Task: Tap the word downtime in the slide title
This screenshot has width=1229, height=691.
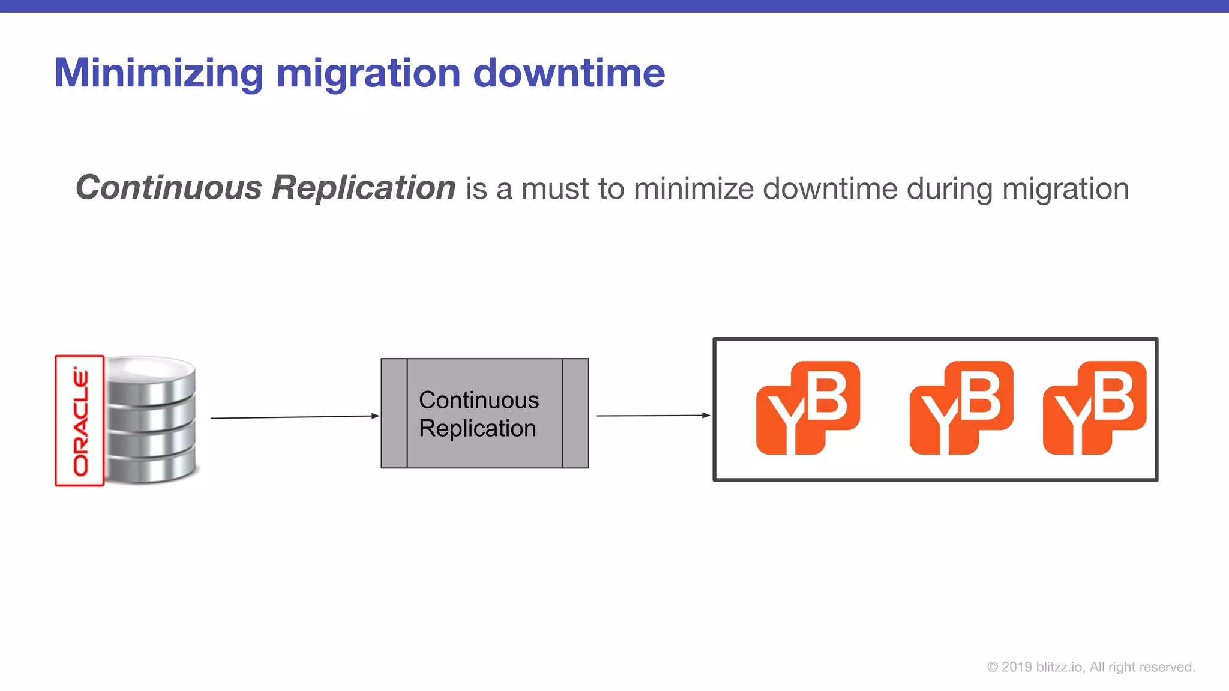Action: pos(569,73)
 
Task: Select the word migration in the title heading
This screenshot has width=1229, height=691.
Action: pos(368,73)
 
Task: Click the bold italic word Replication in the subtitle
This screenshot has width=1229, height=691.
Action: pos(364,187)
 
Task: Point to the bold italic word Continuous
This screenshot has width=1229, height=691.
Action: pos(169,187)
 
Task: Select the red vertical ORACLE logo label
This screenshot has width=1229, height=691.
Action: pos(80,420)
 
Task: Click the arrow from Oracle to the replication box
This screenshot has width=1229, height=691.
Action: pos(294,417)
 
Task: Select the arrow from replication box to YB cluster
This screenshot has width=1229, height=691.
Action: pos(653,415)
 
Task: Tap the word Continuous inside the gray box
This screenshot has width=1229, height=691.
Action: pos(479,400)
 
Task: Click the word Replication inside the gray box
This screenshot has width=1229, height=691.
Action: pos(478,428)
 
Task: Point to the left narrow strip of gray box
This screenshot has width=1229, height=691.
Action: pos(394,413)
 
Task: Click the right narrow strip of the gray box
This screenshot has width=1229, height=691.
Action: pos(575,413)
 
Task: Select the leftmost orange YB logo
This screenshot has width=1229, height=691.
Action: pos(808,408)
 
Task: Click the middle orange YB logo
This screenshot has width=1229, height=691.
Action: pos(961,408)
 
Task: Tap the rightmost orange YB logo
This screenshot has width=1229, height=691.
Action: pos(1095,408)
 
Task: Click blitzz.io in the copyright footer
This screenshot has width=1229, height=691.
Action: pos(1060,667)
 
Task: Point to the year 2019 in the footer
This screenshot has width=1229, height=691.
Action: pos(1017,667)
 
